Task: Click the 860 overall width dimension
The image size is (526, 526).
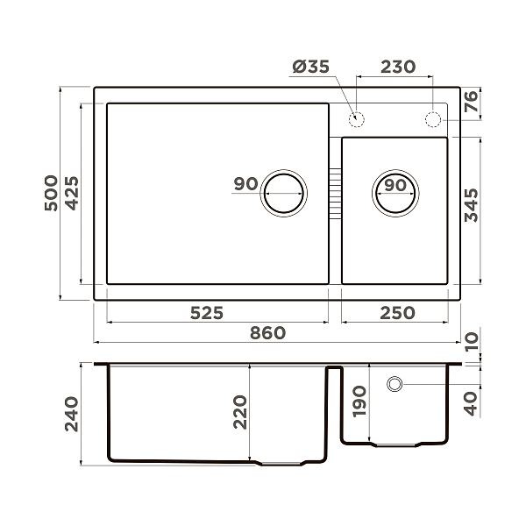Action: pos(268,333)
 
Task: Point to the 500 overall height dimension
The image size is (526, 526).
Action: pos(52,193)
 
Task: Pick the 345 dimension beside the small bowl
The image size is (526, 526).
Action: pos(472,204)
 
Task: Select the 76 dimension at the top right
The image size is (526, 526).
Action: pos(472,102)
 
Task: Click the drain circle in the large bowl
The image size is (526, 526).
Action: pos(284,191)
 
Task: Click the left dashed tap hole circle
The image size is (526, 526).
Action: pos(357,118)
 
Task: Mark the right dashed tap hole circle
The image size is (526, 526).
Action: pos(434,118)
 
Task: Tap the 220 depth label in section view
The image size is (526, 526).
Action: pos(240,412)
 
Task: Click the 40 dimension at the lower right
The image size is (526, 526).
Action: pos(472,402)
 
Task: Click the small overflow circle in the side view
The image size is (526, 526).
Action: pos(394,383)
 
